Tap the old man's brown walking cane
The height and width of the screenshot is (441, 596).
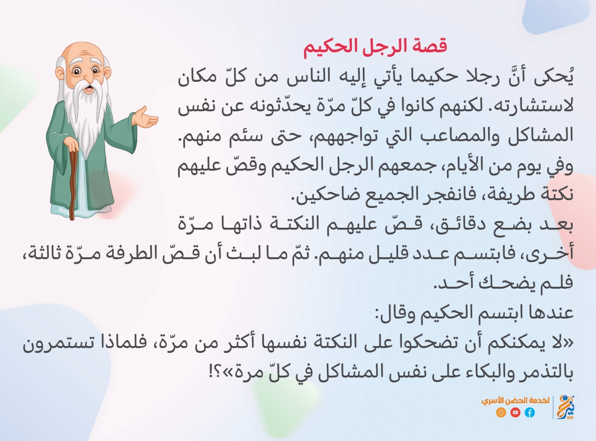[73, 182]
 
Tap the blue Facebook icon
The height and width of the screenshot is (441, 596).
[530, 412]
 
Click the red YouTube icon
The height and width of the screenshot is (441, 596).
[516, 412]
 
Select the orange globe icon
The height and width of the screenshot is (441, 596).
[501, 412]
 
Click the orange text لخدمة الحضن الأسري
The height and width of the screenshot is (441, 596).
[516, 401]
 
